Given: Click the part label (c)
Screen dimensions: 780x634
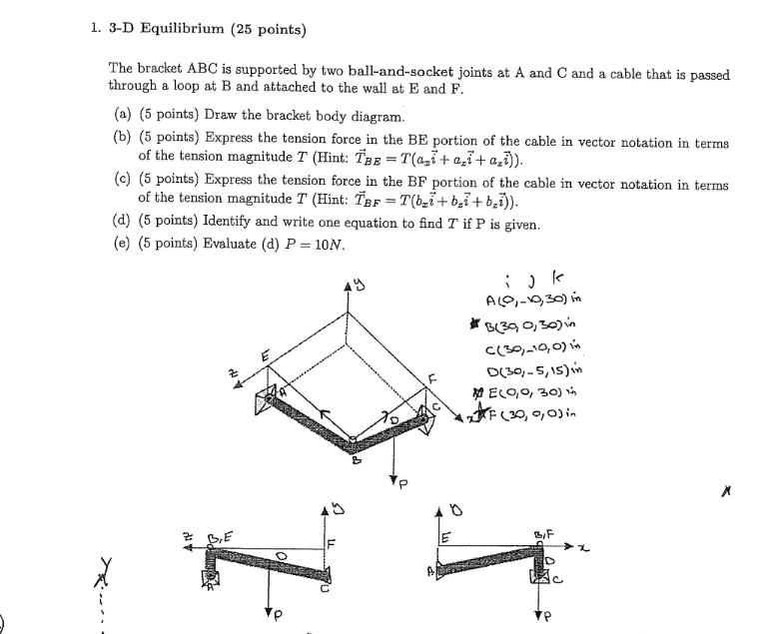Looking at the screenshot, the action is pyautogui.click(x=121, y=186).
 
